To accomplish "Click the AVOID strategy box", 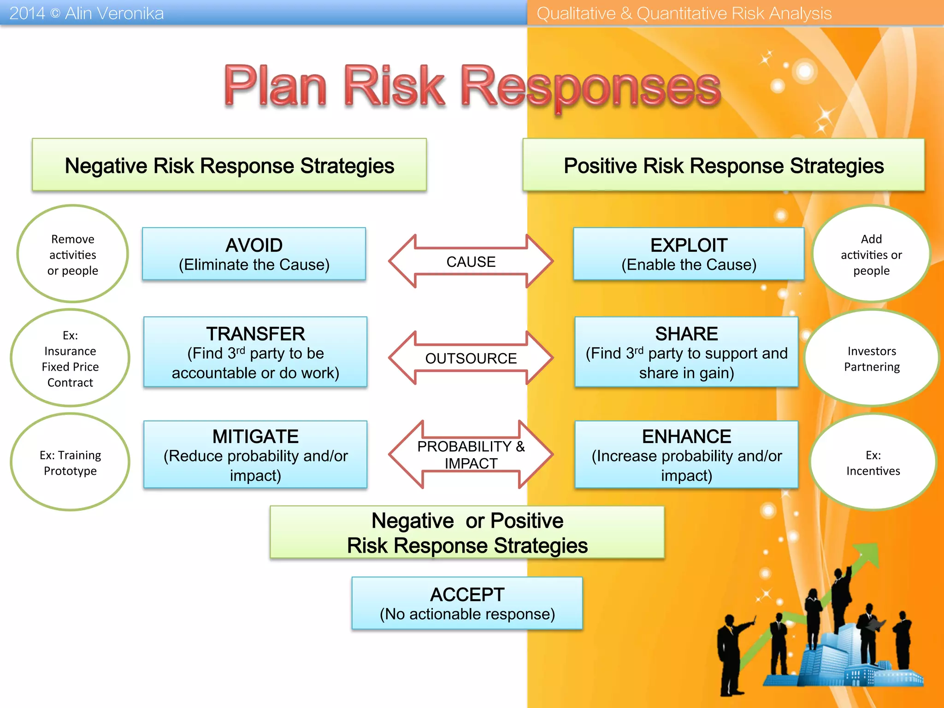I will (254, 254).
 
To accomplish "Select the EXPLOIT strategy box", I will (689, 254).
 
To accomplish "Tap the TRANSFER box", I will (255, 352).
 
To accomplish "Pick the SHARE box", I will (686, 352).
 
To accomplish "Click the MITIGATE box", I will (255, 454).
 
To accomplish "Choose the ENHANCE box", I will (686, 454).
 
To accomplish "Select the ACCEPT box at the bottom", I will (467, 603).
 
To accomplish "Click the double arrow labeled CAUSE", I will (471, 261).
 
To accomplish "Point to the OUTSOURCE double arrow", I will (471, 358).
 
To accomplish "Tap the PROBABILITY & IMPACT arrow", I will (471, 454).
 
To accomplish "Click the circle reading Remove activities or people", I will (73, 254).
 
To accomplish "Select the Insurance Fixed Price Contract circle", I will (70, 358).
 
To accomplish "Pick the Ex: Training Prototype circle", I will (70, 462).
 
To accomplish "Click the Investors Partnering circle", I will (872, 358).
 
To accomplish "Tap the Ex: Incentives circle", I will (873, 462).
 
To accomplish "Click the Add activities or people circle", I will (871, 254).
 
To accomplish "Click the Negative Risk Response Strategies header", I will (229, 165).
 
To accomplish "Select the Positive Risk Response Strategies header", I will (724, 165).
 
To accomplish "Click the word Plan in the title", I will (275, 86).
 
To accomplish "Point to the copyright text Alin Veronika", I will (114, 13).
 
